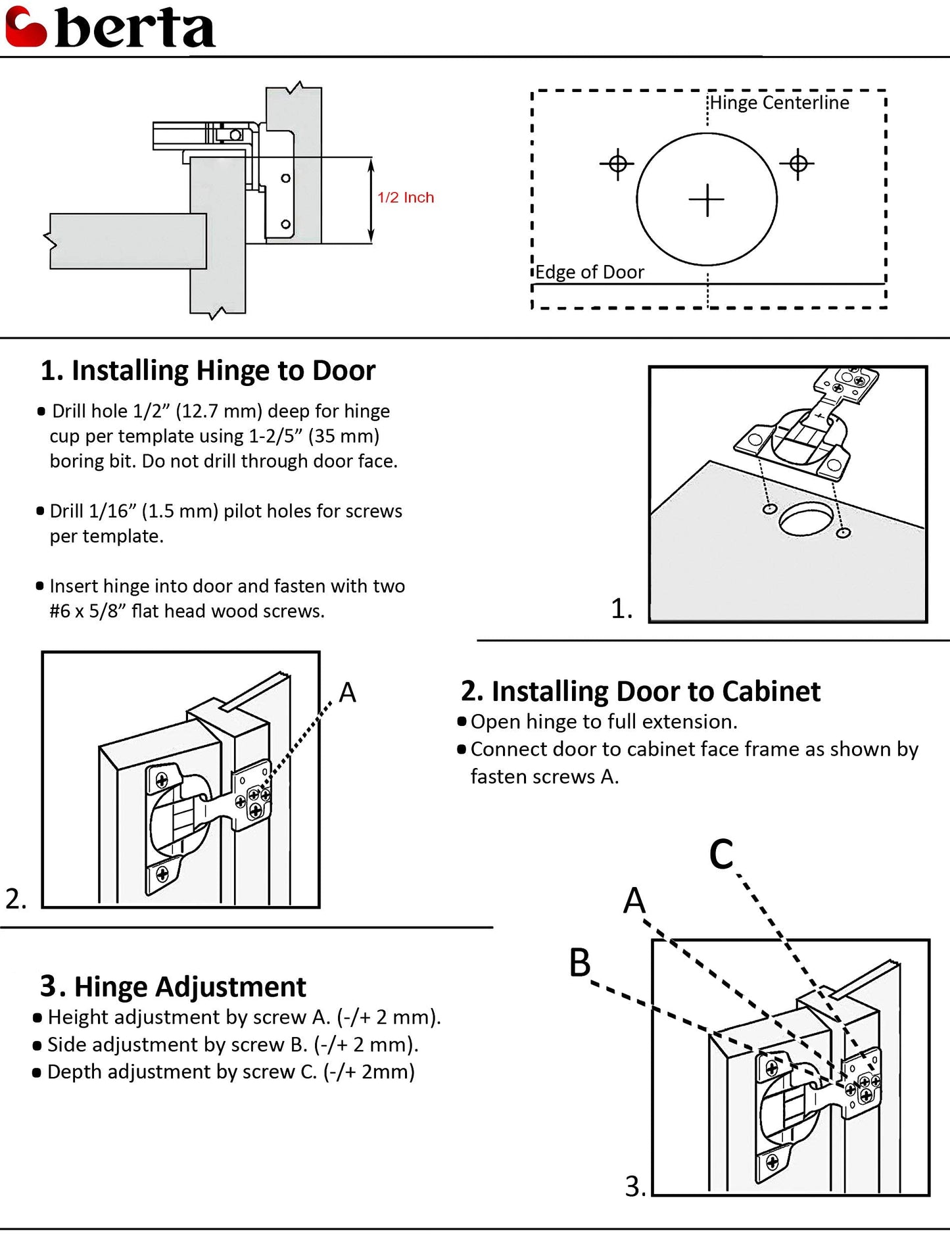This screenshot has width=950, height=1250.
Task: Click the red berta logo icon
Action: click(26, 28)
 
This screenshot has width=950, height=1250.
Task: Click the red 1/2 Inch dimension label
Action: click(405, 197)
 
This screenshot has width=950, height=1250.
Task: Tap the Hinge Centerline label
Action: click(779, 103)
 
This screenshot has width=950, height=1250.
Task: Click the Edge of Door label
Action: click(589, 272)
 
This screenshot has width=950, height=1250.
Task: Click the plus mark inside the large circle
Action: click(707, 199)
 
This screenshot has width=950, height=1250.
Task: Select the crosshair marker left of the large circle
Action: click(617, 163)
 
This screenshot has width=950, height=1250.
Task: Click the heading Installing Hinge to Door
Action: click(208, 371)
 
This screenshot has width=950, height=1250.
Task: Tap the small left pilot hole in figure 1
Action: click(769, 509)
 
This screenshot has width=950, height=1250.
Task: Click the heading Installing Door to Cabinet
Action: click(640, 692)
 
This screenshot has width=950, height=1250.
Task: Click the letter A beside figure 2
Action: click(347, 692)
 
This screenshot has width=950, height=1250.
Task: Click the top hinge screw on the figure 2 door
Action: click(161, 780)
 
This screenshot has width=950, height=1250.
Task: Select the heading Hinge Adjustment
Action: click(173, 987)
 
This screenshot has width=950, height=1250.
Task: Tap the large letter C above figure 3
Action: click(721, 855)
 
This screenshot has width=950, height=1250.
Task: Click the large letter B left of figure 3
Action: click(580, 963)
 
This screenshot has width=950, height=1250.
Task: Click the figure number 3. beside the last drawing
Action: click(635, 1187)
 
